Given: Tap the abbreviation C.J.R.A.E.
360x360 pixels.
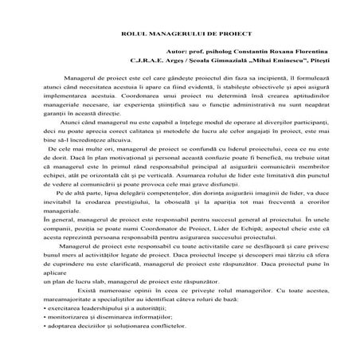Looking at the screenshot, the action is point(147,60).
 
